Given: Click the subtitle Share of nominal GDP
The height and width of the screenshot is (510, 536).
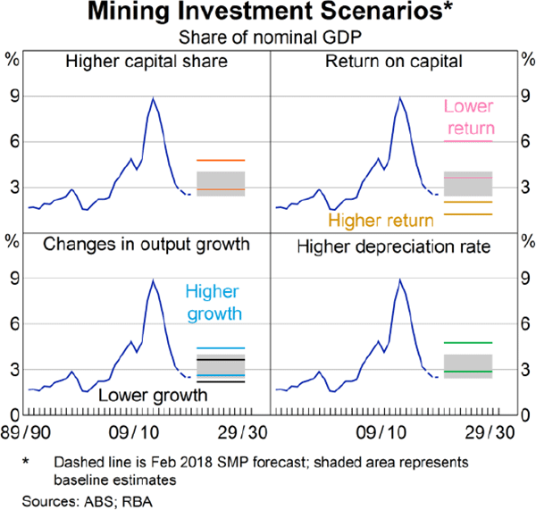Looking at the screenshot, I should tap(268, 38).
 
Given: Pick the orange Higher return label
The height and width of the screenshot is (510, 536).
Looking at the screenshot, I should tap(381, 220).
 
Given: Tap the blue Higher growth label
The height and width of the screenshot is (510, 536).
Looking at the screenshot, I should tap(214, 302).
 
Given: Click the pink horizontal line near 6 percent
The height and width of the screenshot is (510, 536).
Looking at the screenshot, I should tap(468, 141).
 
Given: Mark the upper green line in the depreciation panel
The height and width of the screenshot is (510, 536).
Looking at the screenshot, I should tap(468, 342).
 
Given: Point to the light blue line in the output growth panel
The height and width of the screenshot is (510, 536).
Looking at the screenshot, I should tap(221, 348).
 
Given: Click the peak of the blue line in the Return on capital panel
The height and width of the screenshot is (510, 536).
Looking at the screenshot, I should tap(399, 97).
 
